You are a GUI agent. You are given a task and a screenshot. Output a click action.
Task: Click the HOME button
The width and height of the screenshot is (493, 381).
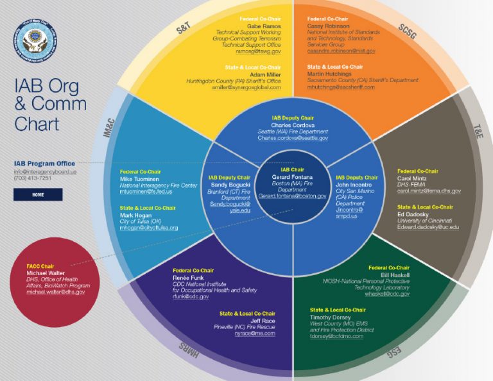tap(38, 194)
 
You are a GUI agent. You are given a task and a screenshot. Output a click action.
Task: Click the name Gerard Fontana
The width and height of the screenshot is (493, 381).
tap(291, 176)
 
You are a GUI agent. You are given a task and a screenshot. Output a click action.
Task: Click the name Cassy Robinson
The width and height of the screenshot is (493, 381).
tap(328, 26)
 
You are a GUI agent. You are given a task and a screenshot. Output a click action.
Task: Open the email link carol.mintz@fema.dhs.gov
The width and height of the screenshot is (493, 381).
tap(429, 191)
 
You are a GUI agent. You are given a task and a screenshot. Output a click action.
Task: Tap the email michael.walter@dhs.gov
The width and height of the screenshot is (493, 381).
tap(55, 292)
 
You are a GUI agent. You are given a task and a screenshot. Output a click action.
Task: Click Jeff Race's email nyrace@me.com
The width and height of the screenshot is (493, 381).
tap(254, 334)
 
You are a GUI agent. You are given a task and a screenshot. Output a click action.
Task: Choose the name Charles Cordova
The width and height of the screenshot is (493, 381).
tap(293, 125)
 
